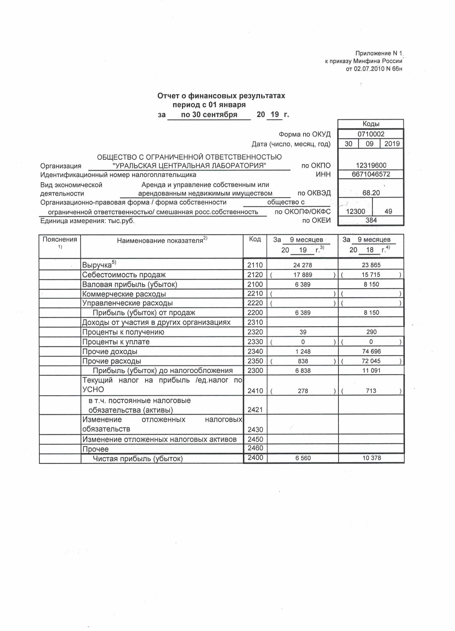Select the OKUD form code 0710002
[x=371, y=134]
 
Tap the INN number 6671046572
[x=371, y=174]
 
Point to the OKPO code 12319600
[x=371, y=165]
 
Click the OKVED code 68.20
[x=371, y=193]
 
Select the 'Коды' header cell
[x=371, y=124]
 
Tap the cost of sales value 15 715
[x=371, y=275]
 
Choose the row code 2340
[x=255, y=351]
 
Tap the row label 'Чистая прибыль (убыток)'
[x=138, y=459]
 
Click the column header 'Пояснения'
[x=60, y=239]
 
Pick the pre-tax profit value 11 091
[x=371, y=371]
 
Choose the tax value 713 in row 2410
[x=371, y=391]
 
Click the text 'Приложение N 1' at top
[x=378, y=53]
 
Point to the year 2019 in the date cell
[x=392, y=144]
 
